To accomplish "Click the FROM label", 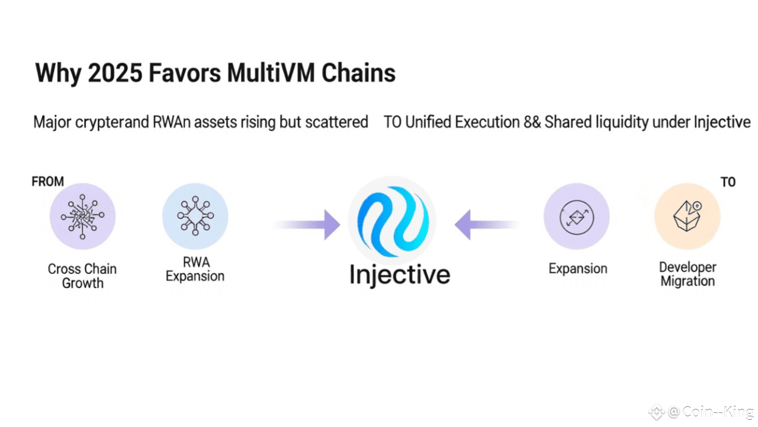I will click(x=47, y=181).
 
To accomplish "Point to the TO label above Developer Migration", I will click(x=728, y=182).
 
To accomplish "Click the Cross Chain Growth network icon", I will click(x=82, y=216).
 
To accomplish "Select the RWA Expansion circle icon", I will click(x=195, y=216).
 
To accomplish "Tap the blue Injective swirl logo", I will click(x=392, y=220).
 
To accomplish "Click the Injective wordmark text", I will click(x=400, y=275).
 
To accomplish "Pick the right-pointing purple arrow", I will click(x=308, y=225).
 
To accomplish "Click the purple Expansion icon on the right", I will click(x=576, y=216).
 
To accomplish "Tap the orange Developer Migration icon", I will click(x=687, y=216).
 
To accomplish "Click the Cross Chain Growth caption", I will click(x=82, y=276).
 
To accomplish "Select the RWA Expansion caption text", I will click(x=195, y=269).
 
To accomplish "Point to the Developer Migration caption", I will click(x=688, y=275).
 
